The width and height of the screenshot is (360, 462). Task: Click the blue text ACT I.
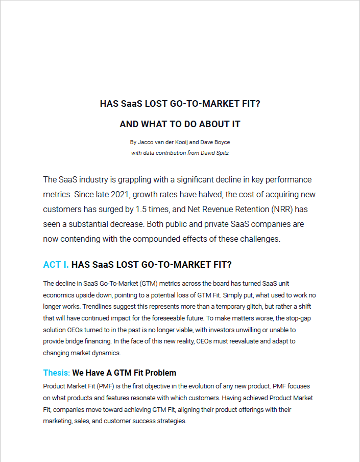pyautogui.click(x=56, y=265)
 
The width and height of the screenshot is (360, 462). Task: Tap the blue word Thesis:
pyautogui.click(x=56, y=373)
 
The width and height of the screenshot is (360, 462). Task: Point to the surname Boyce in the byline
pyautogui.click(x=221, y=143)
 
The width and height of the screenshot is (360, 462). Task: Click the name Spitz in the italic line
pyautogui.click(x=221, y=152)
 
